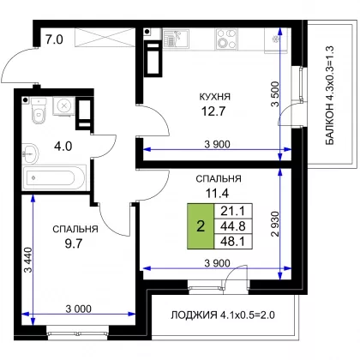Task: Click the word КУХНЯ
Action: coord(215,97)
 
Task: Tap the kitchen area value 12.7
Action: coord(213,111)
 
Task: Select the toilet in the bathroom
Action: coord(39,111)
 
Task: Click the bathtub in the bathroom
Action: coord(54,177)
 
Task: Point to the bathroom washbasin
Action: coord(30,153)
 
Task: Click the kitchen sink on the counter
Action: coord(176,39)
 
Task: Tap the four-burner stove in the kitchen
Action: coord(226,39)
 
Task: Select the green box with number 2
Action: coord(201,226)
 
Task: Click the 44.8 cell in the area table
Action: coord(233,226)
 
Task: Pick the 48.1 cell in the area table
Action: coord(233,242)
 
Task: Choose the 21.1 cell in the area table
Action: coord(233,211)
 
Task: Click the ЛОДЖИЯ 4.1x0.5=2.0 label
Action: coord(223,315)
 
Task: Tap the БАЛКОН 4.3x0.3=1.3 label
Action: coord(329,95)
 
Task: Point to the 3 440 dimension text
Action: coord(28,260)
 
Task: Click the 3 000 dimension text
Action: coord(79,309)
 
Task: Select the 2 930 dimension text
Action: coord(275,224)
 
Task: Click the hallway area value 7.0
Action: coord(54,39)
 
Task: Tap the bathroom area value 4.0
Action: coord(63,147)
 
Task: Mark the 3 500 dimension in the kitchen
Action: coord(275,94)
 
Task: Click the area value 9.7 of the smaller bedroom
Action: coord(74,243)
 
